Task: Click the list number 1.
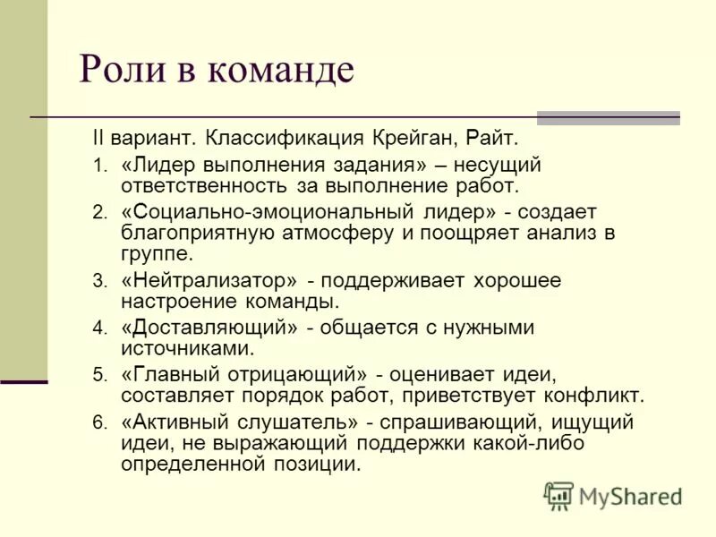(x=98, y=166)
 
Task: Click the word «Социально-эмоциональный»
(x=267, y=212)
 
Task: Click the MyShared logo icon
(x=558, y=495)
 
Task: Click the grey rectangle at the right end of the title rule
(x=608, y=118)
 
